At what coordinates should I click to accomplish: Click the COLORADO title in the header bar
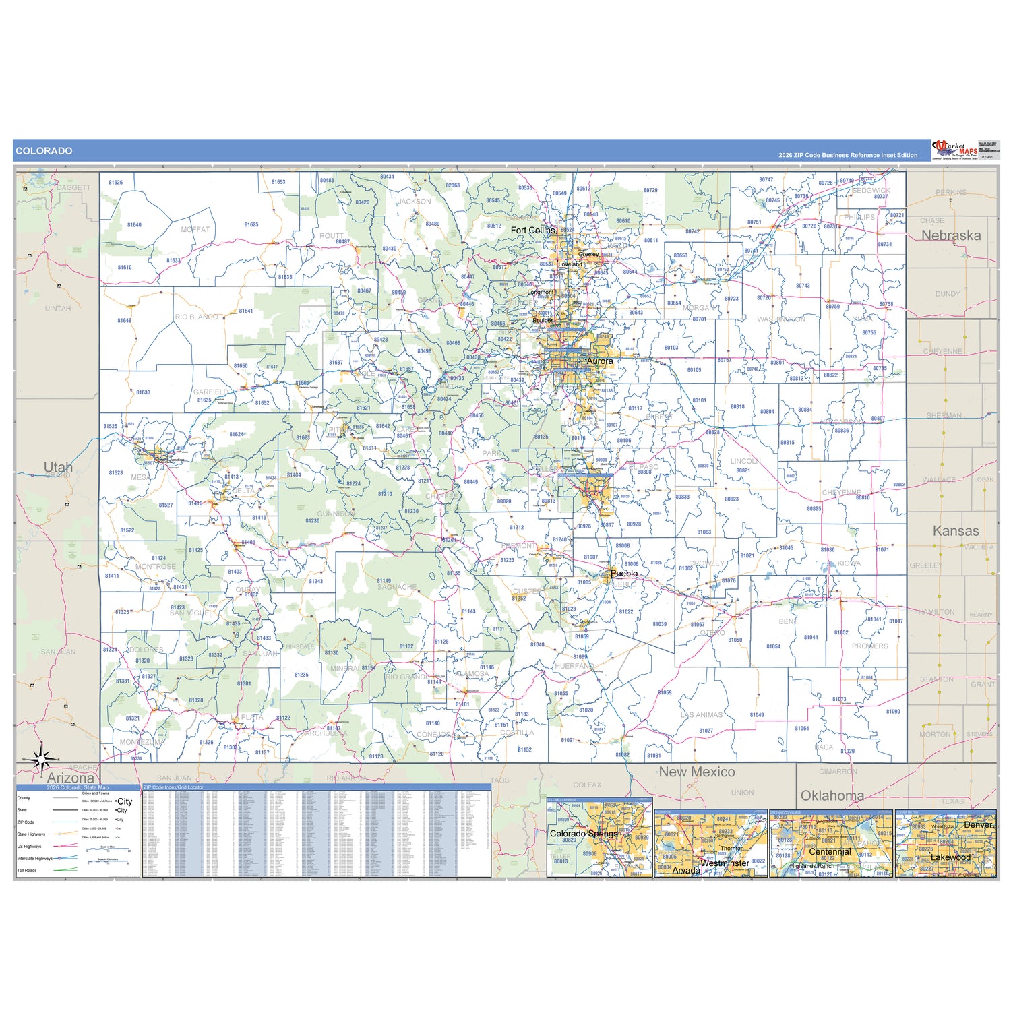44,151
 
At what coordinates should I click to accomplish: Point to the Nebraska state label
950,235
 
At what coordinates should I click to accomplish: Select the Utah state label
58,467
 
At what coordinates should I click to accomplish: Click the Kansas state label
956,531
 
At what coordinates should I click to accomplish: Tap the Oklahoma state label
832,795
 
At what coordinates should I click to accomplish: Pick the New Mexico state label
696,772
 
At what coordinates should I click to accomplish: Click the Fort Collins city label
533,231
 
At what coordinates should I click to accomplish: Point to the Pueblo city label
623,574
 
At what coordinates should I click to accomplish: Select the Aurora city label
600,361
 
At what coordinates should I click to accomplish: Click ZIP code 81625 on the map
251,225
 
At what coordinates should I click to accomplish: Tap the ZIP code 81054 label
773,646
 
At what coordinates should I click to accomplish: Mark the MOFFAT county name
195,230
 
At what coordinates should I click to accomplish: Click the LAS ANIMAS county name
701,715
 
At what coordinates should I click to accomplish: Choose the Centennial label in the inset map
830,852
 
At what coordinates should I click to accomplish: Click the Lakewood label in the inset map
950,857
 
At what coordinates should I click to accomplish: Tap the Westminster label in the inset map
725,863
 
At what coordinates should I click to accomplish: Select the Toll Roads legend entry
27,871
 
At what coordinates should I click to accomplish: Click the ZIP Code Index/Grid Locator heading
173,787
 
